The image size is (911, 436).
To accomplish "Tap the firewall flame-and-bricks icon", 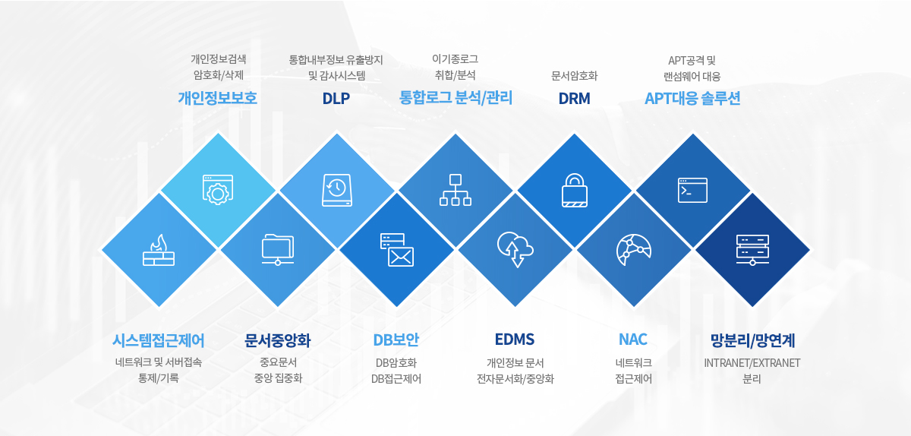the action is coord(159,250).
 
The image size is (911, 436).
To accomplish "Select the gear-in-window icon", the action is coord(218,190).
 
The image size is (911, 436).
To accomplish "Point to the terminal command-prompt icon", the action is coord(692,190).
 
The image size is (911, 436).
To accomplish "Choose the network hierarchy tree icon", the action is coord(455,190).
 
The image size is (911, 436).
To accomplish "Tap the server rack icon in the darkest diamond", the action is coord(752,250).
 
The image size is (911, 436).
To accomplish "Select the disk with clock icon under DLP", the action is coord(337,190).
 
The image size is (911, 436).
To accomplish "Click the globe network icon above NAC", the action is coord(634,250).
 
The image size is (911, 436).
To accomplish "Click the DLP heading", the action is coord(336,98).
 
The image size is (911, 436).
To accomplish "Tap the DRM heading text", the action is coord(574,98).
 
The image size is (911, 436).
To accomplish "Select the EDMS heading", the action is coord(515,339).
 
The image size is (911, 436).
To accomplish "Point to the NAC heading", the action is coord(633,339).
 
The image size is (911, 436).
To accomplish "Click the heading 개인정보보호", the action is coord(218,98).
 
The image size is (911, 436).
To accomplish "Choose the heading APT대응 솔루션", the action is coord(692,98).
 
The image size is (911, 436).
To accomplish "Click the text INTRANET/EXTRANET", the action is coord(752,363).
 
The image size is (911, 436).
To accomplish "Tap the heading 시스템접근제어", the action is coord(159,340).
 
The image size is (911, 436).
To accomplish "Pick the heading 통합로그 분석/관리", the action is coord(455,98).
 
